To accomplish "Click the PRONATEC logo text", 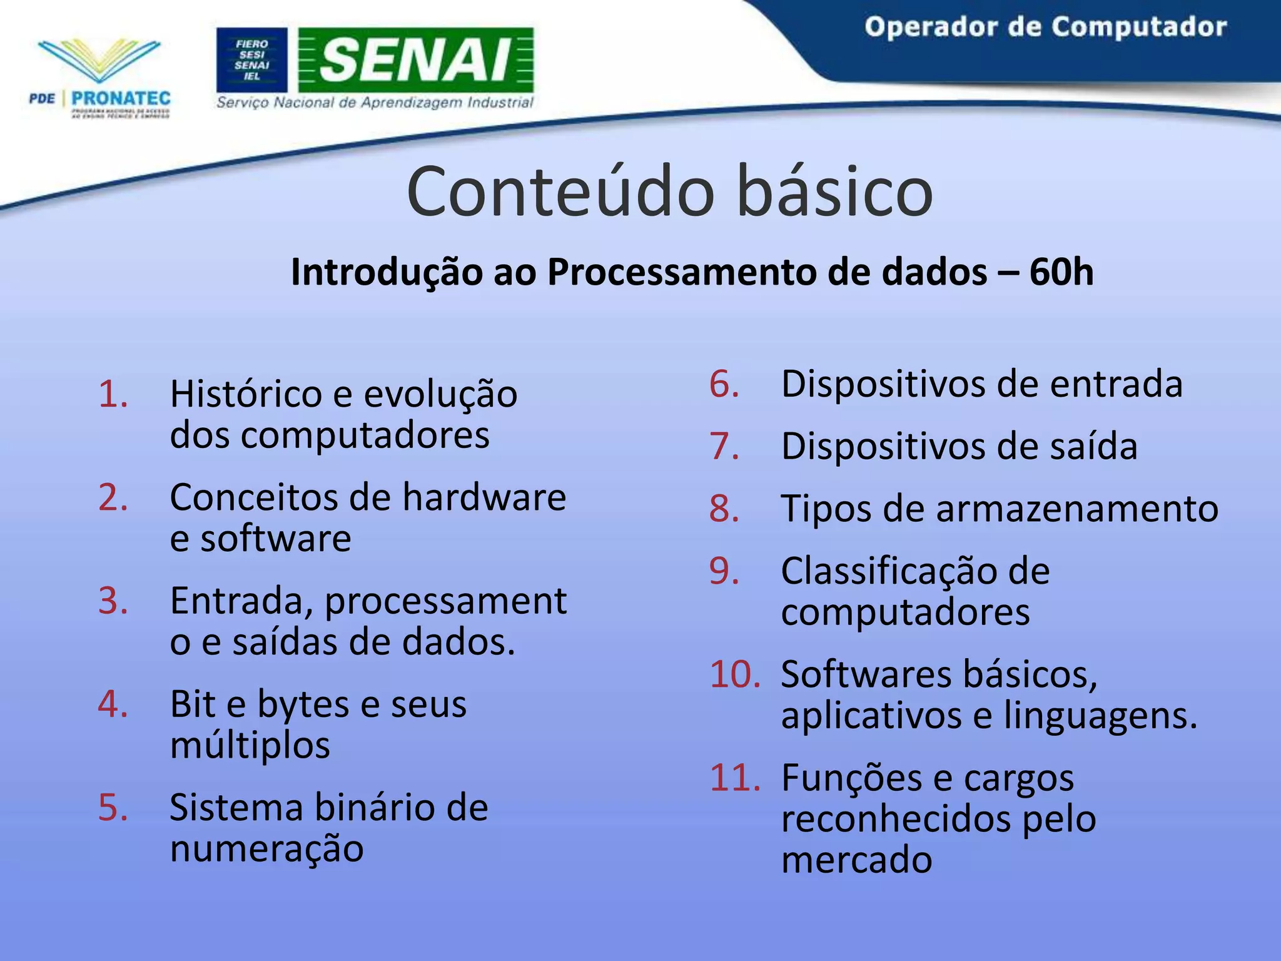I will coord(120,99).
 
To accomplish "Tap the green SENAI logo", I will coord(415,60).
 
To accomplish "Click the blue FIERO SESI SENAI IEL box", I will coord(252,60).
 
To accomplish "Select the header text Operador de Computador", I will coord(1045,28).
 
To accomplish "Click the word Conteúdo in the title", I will coord(560,191).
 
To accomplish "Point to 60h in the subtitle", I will coord(1061,273).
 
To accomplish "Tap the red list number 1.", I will coord(113,394).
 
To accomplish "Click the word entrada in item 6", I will coord(1116,384).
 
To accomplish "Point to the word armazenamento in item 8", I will coord(1077,509).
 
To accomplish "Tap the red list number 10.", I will coord(735,674).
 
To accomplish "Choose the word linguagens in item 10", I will coord(1100,716).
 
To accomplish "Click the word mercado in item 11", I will coord(856,860).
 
